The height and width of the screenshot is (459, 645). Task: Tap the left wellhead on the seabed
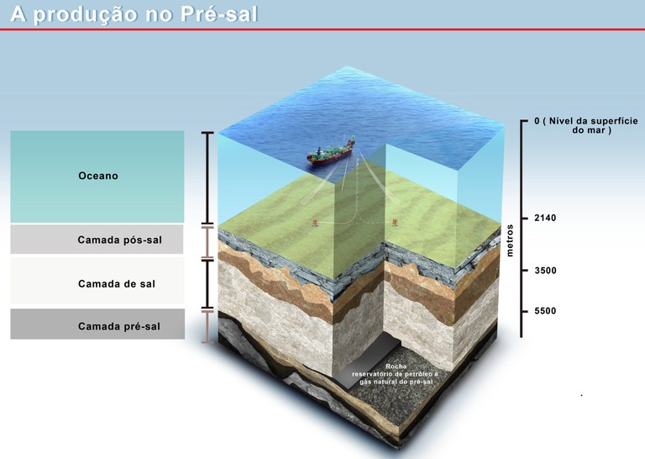(x=314, y=223)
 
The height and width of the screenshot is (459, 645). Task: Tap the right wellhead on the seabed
(x=396, y=223)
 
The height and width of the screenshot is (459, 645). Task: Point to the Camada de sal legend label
(x=118, y=284)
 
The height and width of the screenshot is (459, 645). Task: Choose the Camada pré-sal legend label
(x=118, y=326)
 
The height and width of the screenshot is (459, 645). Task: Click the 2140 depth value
(x=545, y=219)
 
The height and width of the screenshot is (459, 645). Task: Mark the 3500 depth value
(x=545, y=271)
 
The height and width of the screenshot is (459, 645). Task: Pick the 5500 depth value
(x=545, y=311)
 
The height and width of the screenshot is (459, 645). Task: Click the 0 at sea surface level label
(x=537, y=121)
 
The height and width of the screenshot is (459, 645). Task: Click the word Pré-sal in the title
(x=220, y=14)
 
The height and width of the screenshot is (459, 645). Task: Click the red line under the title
(x=322, y=29)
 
